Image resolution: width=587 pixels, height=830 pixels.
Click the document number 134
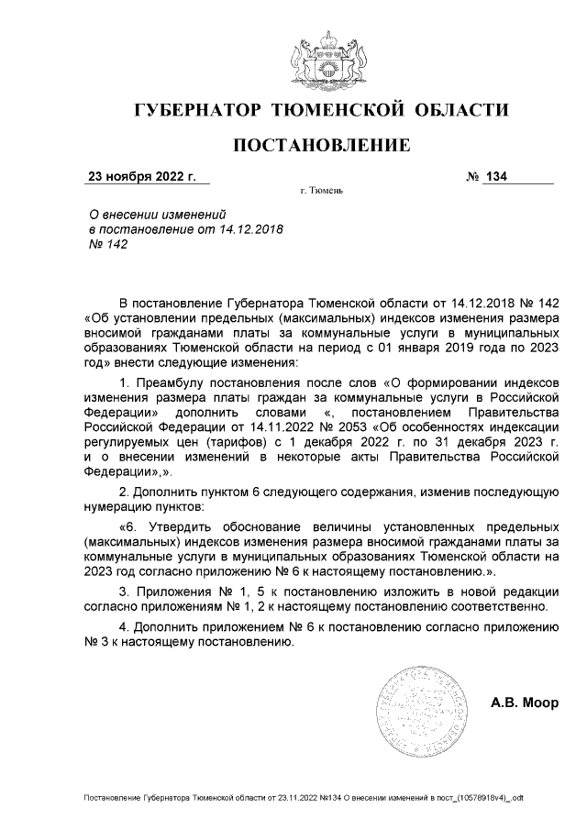[x=497, y=176]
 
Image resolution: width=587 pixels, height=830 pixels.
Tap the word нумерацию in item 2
[x=117, y=506]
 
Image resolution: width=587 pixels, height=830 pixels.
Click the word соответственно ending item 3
[x=502, y=606]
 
